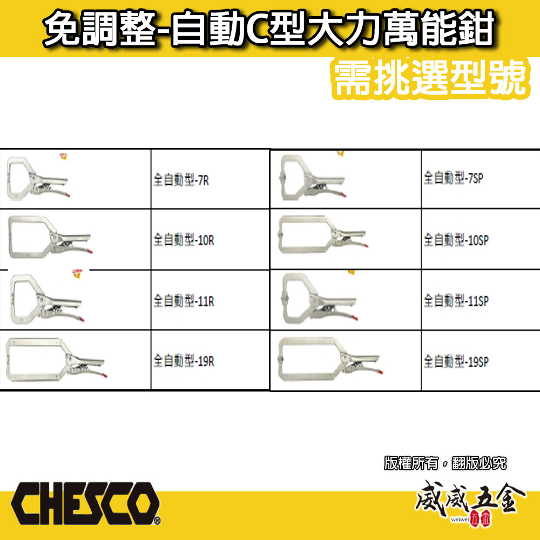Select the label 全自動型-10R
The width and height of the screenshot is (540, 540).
coord(184,240)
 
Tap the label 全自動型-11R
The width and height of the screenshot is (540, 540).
coord(184,300)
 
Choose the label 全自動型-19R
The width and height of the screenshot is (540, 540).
coord(184,360)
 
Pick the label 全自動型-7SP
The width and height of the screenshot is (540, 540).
coord(453,178)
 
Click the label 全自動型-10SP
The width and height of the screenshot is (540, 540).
coord(456,239)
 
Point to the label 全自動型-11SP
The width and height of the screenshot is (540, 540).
coord(456,300)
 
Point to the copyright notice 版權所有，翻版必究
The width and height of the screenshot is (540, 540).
coord(446,463)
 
